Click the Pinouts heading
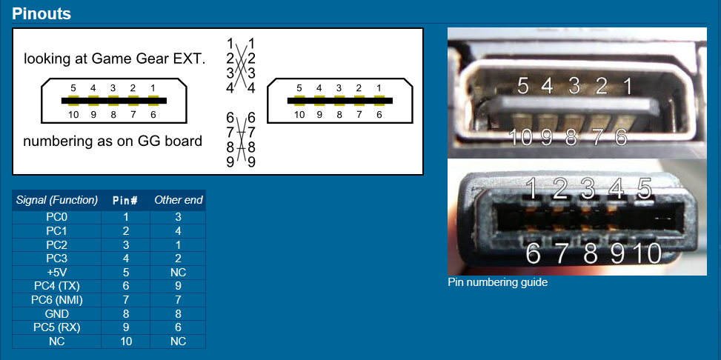coord(41,13)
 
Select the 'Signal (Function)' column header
coord(57,200)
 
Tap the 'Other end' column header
coord(178,200)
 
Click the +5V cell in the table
coord(57,273)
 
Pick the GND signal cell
coord(57,314)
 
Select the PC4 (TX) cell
coord(57,287)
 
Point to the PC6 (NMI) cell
coord(57,300)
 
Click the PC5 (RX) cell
coord(57,328)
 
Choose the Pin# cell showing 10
coord(126,341)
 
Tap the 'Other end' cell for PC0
coord(178,217)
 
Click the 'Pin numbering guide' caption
coord(497,282)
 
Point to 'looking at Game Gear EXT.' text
coord(115,59)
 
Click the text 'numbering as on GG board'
coord(113,141)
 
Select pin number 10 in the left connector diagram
coord(73,115)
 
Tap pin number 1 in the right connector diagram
coord(379,88)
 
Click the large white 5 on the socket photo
coord(523,86)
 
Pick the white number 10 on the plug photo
coord(647,253)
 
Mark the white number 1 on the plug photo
coord(531,188)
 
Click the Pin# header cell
coord(126,200)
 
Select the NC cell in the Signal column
coord(57,341)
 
